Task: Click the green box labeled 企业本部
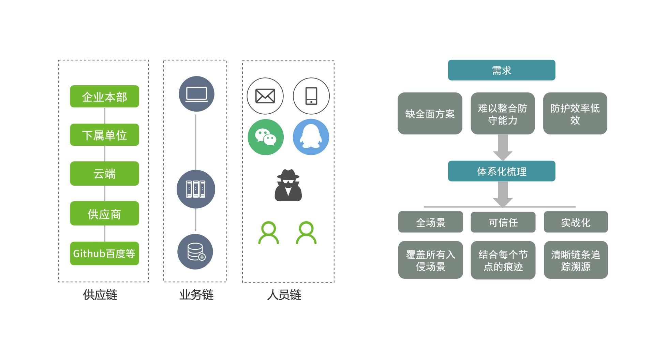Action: click(x=104, y=97)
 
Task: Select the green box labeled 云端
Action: click(x=104, y=174)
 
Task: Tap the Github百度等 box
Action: click(x=104, y=254)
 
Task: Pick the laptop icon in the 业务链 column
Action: click(x=196, y=94)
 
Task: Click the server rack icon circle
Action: click(x=196, y=189)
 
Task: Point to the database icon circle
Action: click(x=195, y=252)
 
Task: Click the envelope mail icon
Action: click(x=265, y=96)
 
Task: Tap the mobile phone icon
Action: click(x=311, y=96)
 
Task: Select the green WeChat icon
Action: click(x=265, y=137)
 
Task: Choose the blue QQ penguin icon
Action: click(x=311, y=137)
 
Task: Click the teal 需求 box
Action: click(x=501, y=70)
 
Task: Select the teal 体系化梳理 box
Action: click(x=501, y=171)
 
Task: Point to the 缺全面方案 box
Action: click(x=430, y=114)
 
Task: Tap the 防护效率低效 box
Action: click(x=575, y=114)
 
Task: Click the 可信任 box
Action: click(x=503, y=222)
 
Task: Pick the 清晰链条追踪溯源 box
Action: click(x=576, y=260)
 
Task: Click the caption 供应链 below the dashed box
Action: click(x=100, y=295)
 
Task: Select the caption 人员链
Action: click(x=284, y=295)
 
